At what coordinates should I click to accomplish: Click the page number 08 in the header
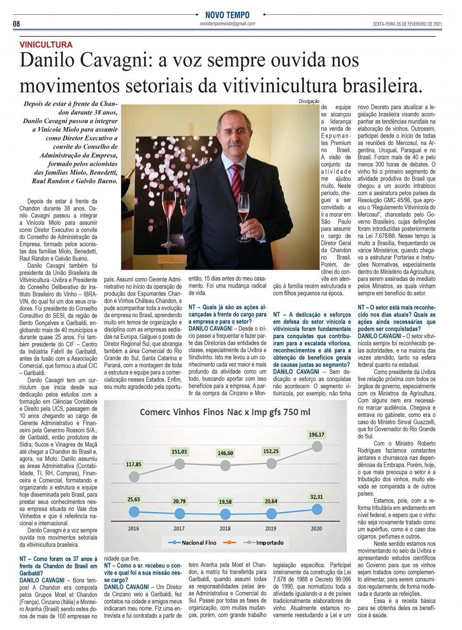tap(16, 24)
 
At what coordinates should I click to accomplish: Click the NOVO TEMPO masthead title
tap(228, 15)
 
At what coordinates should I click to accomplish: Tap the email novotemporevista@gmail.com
tap(228, 24)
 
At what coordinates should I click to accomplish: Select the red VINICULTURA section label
tap(46, 45)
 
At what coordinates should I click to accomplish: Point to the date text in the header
tap(407, 24)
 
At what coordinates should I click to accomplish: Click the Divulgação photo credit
tap(309, 101)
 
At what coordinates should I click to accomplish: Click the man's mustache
tap(234, 143)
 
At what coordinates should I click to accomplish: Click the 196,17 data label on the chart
tap(316, 434)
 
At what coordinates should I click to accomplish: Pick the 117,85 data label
tap(134, 464)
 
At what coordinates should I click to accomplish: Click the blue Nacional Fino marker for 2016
tap(134, 512)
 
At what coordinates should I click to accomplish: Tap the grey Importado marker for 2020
tap(316, 446)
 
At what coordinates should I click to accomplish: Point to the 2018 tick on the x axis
tap(225, 528)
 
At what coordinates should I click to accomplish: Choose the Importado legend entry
tap(269, 543)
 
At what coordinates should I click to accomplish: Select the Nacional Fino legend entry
tap(199, 543)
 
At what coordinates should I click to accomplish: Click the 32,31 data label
tap(316, 497)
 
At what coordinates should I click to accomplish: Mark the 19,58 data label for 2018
tap(225, 502)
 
